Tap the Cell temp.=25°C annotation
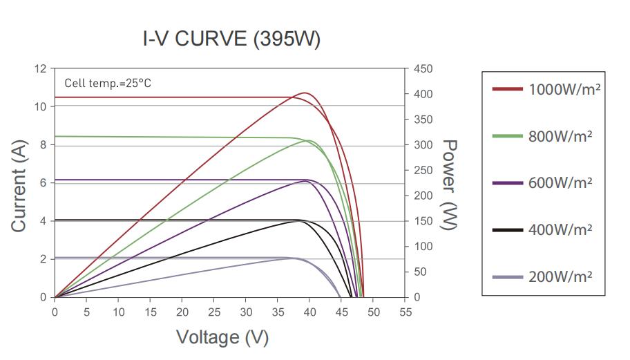click(x=108, y=84)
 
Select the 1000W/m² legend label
click(x=560, y=89)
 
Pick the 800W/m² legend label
click(x=560, y=136)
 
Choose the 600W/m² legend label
click(x=560, y=183)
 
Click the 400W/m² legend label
click(x=560, y=229)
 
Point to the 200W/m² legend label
click(x=560, y=276)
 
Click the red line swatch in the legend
click(x=506, y=89)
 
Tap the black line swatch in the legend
click(x=506, y=229)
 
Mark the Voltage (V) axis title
click(x=222, y=337)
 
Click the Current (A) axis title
click(x=19, y=183)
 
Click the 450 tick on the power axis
click(x=423, y=69)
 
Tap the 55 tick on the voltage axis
click(x=405, y=312)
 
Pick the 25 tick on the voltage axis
click(x=214, y=312)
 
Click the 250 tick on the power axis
click(x=423, y=171)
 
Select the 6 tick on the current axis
click(x=43, y=183)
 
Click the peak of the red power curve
click(x=305, y=93)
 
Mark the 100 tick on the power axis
click(x=423, y=247)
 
